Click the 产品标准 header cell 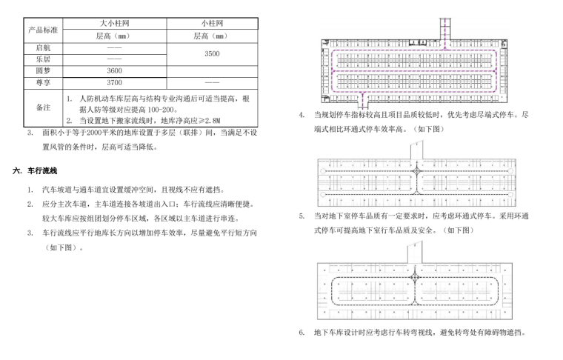coord(42,30)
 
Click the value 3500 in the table coord(212,53)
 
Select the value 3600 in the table coord(113,70)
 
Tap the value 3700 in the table coord(113,82)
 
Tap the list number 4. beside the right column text coord(302,115)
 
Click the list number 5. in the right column coord(302,216)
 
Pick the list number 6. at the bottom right coord(302,332)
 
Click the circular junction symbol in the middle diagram coord(418,171)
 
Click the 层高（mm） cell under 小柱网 coord(212,36)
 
